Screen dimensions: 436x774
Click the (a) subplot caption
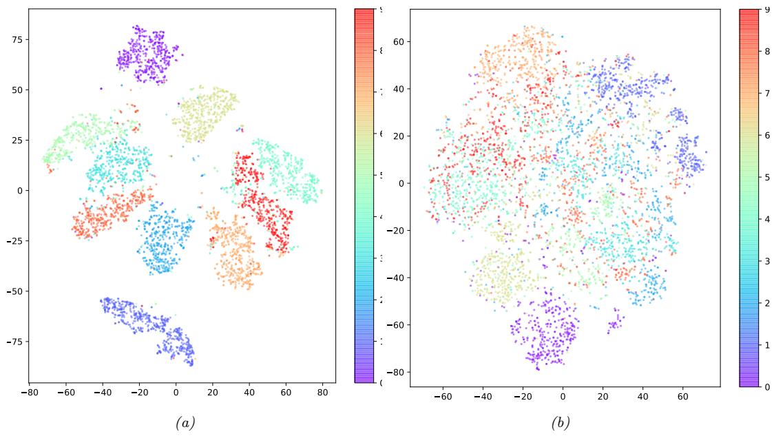click(x=185, y=423)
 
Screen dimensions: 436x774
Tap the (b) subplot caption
click(x=561, y=423)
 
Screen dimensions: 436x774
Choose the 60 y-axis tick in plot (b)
click(x=398, y=41)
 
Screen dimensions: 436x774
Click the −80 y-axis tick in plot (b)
click(x=396, y=373)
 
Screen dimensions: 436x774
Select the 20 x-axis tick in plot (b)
click(x=603, y=397)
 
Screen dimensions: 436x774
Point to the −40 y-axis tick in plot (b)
click(x=396, y=278)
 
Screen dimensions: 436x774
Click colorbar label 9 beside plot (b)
click(x=767, y=10)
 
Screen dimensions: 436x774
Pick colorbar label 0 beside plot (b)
click(x=767, y=386)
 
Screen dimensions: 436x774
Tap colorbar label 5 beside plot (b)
click(x=767, y=178)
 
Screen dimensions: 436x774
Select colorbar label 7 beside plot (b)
click(x=767, y=94)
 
